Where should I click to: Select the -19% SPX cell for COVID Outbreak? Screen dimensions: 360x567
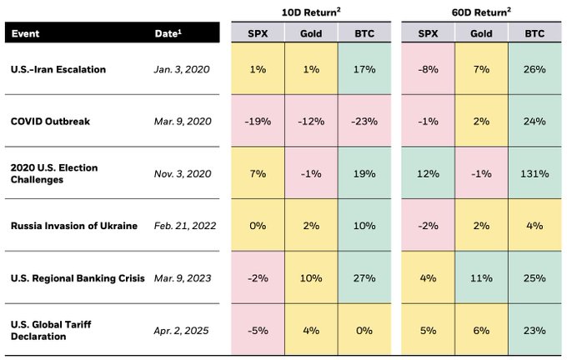[257, 122]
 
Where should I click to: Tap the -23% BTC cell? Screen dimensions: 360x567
[364, 122]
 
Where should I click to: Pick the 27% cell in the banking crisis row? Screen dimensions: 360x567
[364, 277]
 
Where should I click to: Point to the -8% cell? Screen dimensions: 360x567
[427, 69]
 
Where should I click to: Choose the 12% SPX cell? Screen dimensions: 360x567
[427, 173]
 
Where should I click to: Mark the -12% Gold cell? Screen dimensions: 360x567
[310, 122]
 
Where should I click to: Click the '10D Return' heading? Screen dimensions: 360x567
[310, 12]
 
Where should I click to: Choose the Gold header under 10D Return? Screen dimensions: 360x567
[310, 34]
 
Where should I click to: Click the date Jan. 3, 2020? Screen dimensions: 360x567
[181, 69]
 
